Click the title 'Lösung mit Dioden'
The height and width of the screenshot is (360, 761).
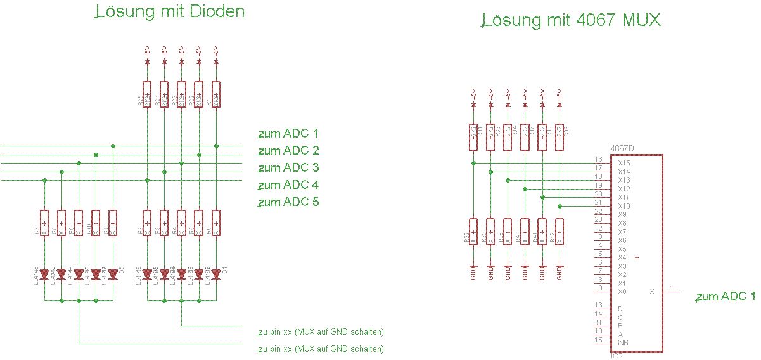[x=170, y=11]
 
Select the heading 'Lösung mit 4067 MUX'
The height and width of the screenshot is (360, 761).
[x=571, y=20]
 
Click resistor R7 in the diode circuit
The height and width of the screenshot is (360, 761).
[x=44, y=223]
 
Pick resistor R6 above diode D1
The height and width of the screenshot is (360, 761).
[x=216, y=223]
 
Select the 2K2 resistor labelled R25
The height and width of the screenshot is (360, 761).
[x=147, y=95]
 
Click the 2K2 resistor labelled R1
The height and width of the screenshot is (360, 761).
[x=216, y=95]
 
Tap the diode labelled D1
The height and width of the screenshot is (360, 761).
[x=216, y=274]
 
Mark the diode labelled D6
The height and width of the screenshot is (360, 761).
[x=113, y=274]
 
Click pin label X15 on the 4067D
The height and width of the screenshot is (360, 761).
[x=624, y=163]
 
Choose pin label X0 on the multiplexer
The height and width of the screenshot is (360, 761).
[x=622, y=292]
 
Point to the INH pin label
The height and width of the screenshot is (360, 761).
[x=623, y=343]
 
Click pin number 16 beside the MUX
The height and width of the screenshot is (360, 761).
[x=598, y=159]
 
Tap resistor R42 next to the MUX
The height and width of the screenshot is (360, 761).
[x=559, y=232]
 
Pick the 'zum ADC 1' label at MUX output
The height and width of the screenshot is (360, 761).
[x=726, y=296]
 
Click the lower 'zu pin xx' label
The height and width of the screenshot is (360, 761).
[x=321, y=349]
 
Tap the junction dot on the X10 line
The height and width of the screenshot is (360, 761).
[x=560, y=206]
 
